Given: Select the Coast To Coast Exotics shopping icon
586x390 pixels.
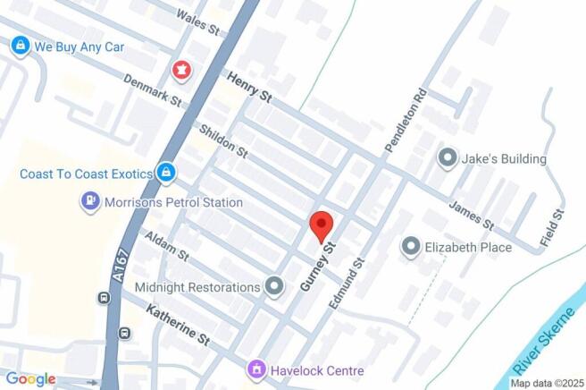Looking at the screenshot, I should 164,172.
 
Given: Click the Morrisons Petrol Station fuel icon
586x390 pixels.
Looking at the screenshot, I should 90,202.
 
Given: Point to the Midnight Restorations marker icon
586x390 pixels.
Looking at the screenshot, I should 274,287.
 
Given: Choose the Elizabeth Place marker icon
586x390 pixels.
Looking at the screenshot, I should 411,246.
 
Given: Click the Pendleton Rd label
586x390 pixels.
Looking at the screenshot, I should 402,119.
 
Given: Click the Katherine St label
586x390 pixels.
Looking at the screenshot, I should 178,326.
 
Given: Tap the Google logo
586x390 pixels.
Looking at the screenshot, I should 30,379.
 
